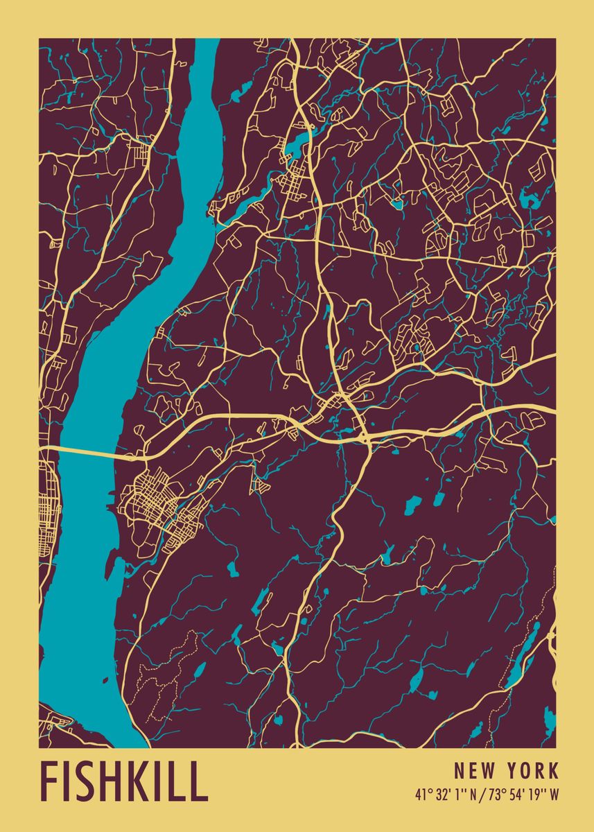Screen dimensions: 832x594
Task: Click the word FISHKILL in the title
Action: point(124,782)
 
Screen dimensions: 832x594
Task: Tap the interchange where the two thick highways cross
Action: point(363,435)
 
